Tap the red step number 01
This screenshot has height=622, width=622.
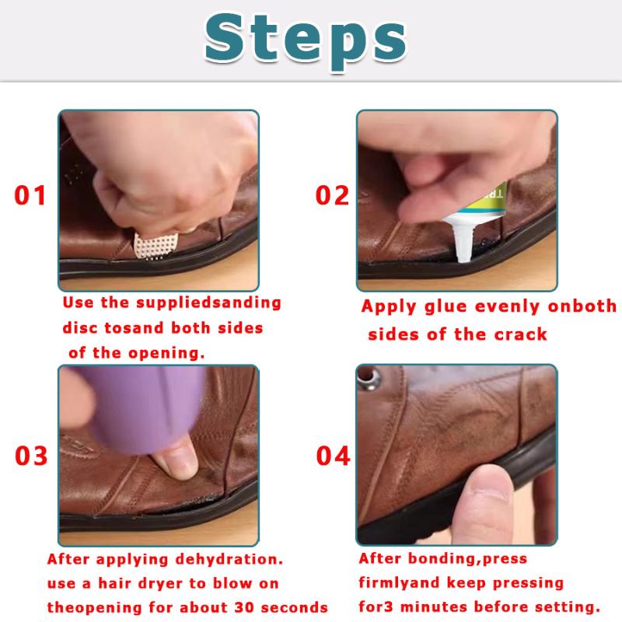30,195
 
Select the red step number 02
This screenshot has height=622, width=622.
333,195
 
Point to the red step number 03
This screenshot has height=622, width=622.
31,456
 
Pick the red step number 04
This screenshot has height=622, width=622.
334,456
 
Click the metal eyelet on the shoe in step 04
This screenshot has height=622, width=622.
369,378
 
